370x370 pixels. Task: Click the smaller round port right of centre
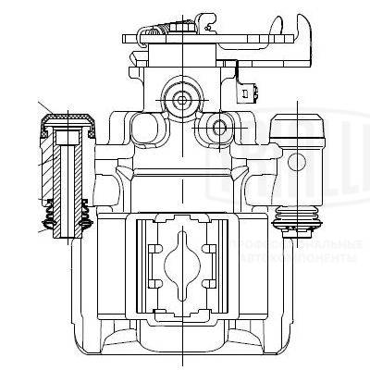point(220,125)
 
